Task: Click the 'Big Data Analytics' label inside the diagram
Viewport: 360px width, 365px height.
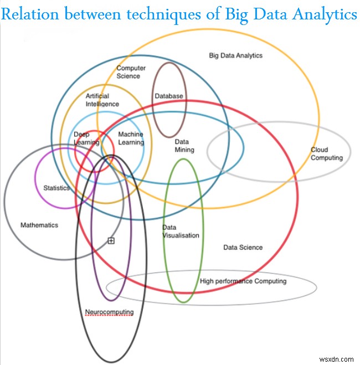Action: [x=235, y=55]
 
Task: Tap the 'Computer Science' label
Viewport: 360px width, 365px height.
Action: [x=131, y=72]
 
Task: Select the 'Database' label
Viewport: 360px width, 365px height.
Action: [x=168, y=96]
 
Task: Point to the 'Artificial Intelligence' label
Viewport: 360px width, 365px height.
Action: [x=102, y=100]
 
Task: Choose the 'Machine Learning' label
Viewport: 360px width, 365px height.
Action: [x=131, y=138]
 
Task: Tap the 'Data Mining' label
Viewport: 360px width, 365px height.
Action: [x=184, y=146]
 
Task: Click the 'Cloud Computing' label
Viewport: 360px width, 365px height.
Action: [x=326, y=153]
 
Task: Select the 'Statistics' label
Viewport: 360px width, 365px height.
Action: [x=56, y=188]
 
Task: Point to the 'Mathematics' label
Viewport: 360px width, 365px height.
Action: [x=39, y=225]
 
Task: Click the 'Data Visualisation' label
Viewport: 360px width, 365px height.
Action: [x=180, y=232]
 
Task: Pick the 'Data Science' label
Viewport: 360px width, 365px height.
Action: [x=243, y=247]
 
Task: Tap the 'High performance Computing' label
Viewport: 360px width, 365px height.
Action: [x=243, y=281]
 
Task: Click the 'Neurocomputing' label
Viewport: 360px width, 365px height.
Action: [x=109, y=312]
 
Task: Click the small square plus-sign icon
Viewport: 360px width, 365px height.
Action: [x=111, y=240]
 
